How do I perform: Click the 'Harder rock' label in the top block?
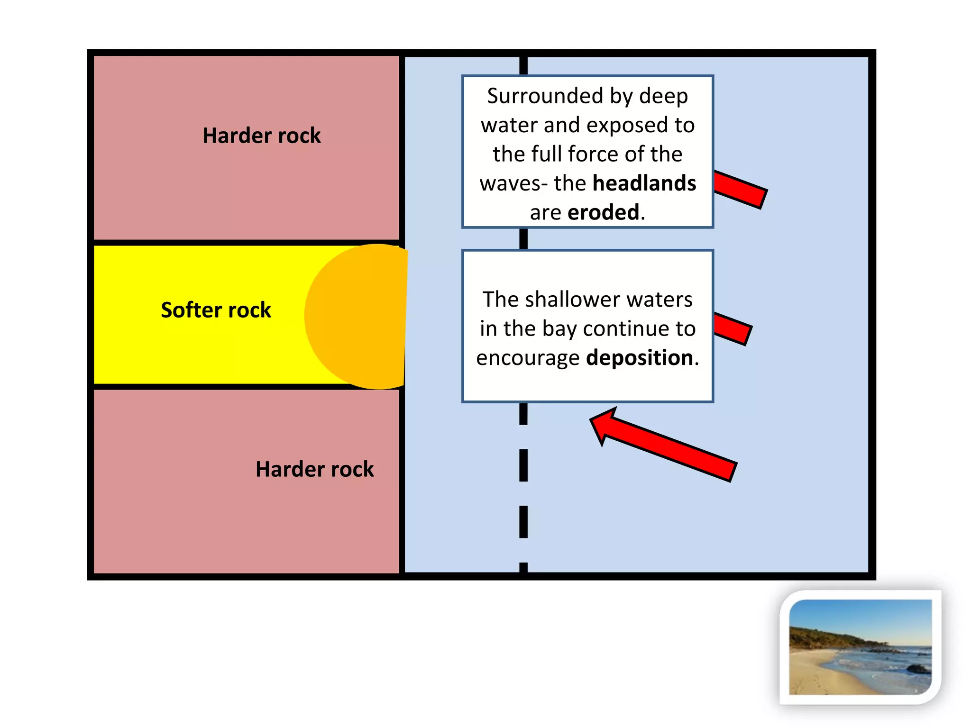coord(261,136)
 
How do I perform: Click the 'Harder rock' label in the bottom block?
coord(314,469)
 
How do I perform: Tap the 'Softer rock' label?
coord(216,310)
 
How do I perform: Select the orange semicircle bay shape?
coord(360,317)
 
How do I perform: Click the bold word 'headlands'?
coord(644,183)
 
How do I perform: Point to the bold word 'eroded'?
coord(603,212)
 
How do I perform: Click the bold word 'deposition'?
coord(640,358)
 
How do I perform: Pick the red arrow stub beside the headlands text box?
coord(740,190)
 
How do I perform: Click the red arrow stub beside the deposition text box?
coord(733,328)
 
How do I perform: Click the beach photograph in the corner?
coord(860,647)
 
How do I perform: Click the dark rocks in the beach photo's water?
coord(917,669)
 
